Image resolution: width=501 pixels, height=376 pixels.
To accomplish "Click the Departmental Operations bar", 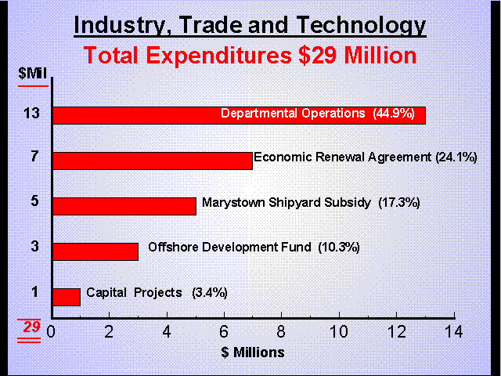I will coord(133,114).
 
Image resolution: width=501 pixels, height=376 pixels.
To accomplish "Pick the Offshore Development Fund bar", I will coord(95,251).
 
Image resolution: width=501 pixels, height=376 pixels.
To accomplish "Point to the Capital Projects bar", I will coord(66,297).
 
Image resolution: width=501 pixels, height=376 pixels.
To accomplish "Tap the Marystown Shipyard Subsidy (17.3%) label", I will coord(311,202).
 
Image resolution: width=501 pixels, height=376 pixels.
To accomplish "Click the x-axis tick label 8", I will coord(282,331).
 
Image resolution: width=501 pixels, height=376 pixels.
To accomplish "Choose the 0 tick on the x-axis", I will coord(52,331).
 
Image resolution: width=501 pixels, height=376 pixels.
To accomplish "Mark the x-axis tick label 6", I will coord(224,331).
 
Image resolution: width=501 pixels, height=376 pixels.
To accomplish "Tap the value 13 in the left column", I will coord(34,114).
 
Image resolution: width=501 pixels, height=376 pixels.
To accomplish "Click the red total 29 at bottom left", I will coord(31,327).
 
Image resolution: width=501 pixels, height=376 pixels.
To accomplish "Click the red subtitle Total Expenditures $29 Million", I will coord(250,56).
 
